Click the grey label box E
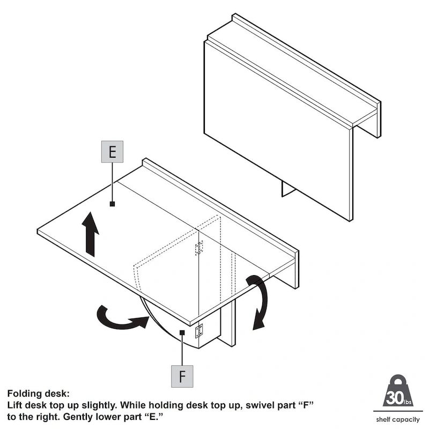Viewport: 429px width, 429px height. pyautogui.click(x=112, y=152)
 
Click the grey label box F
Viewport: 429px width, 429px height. pyautogui.click(x=182, y=375)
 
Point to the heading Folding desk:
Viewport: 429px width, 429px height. pyautogui.click(x=38, y=394)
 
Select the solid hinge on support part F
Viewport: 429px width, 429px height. pyautogui.click(x=199, y=331)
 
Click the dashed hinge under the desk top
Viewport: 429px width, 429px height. pyautogui.click(x=199, y=248)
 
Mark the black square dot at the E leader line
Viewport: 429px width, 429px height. pyautogui.click(x=112, y=204)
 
